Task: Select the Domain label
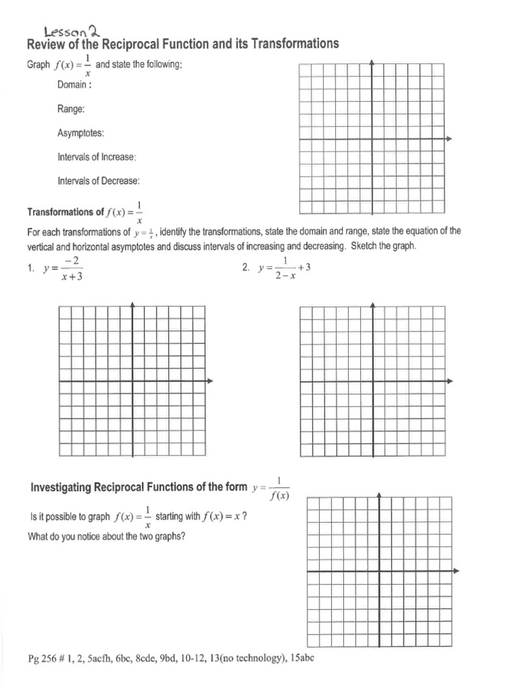pos(75,84)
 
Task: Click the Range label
pos(71,108)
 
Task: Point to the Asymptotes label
pos(81,133)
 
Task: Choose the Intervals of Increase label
pos(97,156)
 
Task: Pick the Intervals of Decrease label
pos(98,181)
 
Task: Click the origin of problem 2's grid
pos(372,381)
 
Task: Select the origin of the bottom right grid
pos(380,572)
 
